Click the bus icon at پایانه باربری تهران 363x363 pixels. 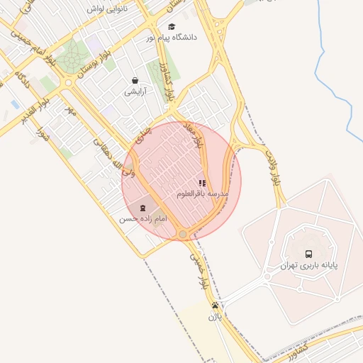(x=308, y=253)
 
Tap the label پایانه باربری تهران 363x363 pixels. (x=308, y=266)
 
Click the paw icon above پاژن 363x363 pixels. (x=215, y=306)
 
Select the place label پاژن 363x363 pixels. (x=215, y=317)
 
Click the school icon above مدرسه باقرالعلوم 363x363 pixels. (x=203, y=183)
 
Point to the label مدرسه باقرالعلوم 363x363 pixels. (x=203, y=194)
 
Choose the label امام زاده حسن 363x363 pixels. (x=144, y=219)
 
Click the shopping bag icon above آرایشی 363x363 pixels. (x=135, y=80)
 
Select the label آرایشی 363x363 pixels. (x=135, y=92)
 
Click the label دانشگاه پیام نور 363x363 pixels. (x=172, y=36)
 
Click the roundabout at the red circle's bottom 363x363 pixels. (x=183, y=234)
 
